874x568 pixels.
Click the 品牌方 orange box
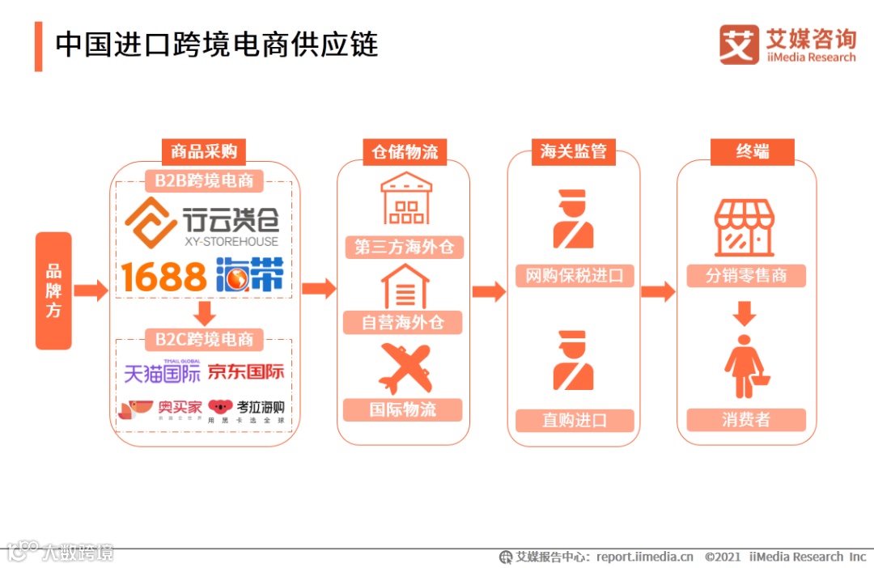pos(53,290)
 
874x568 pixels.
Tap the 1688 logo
pos(164,277)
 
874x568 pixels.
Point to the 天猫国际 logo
pos(162,371)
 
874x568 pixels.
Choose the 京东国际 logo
pos(246,372)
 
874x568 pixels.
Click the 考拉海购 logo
pos(246,410)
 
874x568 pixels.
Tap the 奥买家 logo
pos(159,410)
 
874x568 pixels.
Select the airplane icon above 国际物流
pos(405,369)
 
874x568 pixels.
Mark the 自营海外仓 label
pos(403,323)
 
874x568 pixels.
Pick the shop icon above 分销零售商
pos(745,228)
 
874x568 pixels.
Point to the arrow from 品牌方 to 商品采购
pos(91,290)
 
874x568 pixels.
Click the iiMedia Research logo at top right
pos(787,45)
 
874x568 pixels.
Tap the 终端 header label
pos(752,151)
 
